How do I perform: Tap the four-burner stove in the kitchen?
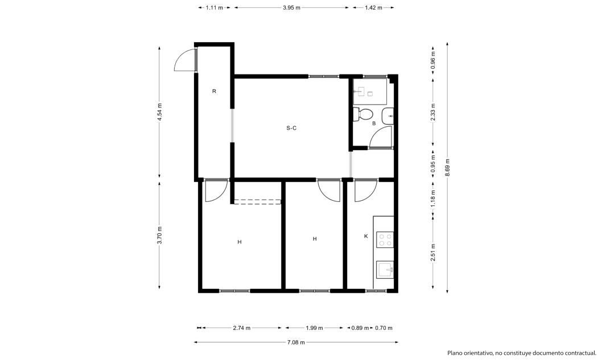click(385, 239)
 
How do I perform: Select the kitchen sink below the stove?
click(385, 270)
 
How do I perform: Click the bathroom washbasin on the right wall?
click(387, 116)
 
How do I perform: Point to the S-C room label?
click(291, 128)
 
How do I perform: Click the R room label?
click(215, 92)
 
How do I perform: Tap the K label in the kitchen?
click(366, 237)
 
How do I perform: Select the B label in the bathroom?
click(374, 123)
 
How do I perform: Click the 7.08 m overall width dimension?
click(296, 342)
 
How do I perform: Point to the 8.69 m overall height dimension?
click(448, 167)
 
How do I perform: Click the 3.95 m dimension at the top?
click(291, 7)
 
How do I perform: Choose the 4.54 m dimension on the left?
click(160, 112)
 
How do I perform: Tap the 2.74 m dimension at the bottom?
click(241, 328)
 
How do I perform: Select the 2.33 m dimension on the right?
click(433, 113)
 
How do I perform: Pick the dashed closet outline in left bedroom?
click(257, 202)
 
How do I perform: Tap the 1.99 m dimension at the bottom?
click(315, 328)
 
